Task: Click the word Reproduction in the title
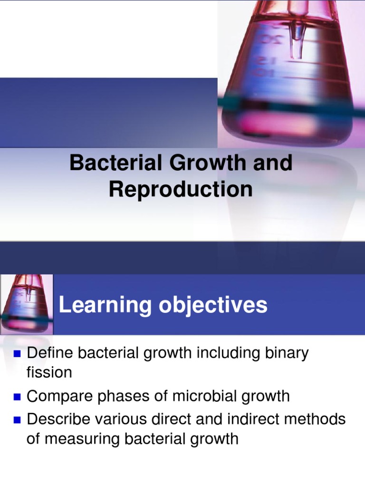[x=181, y=189]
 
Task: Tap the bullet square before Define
[x=19, y=354]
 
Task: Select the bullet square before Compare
[x=19, y=396]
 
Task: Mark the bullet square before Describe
[x=19, y=420]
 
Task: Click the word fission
[x=49, y=372]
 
